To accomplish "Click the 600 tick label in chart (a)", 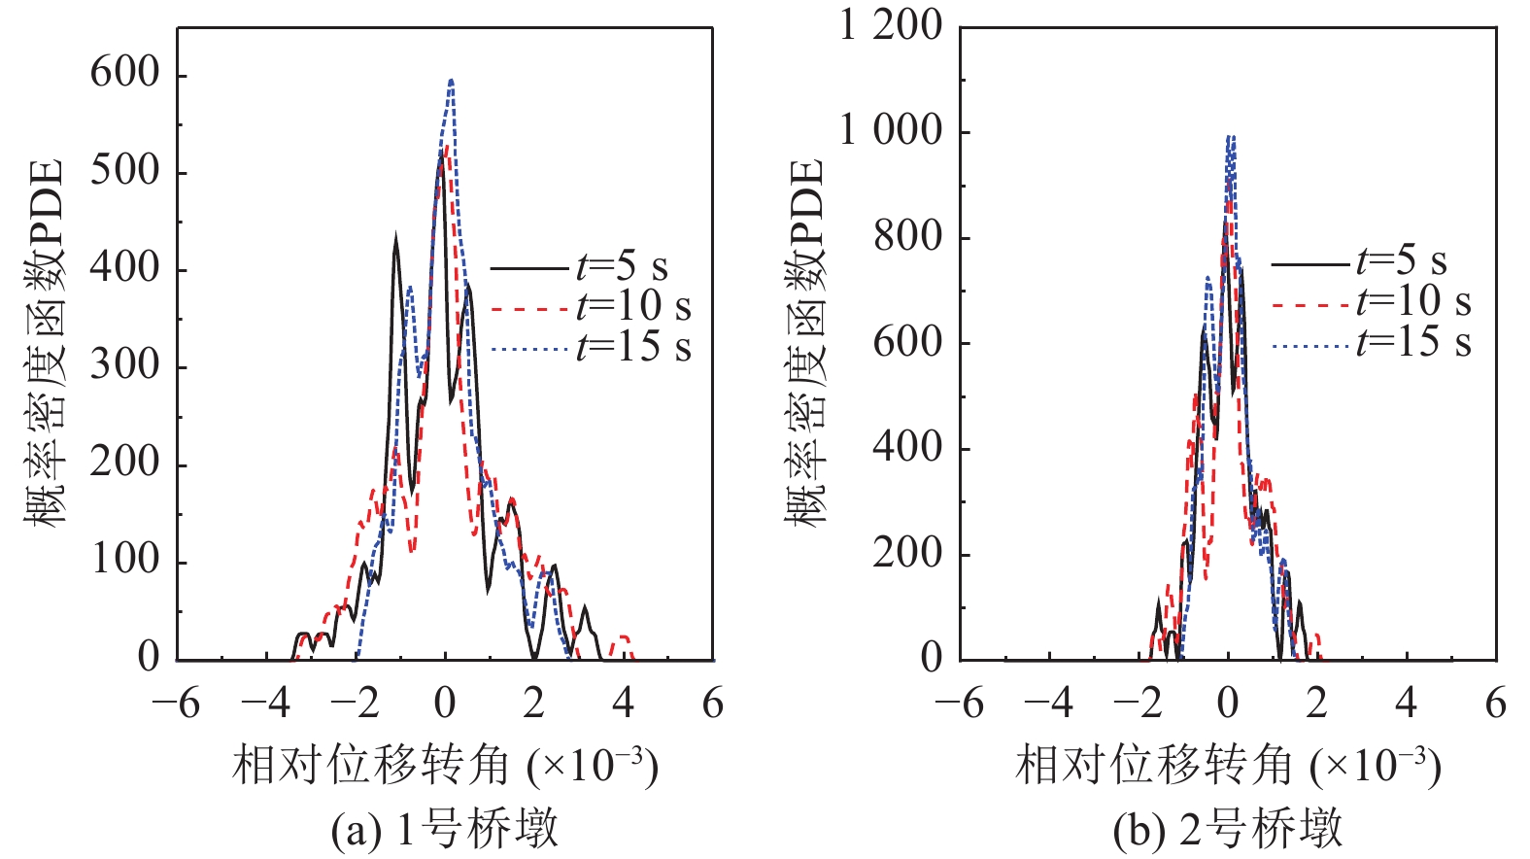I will click(x=124, y=73).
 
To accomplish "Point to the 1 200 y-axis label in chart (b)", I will click(x=890, y=25).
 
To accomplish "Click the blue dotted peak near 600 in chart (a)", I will click(x=451, y=82).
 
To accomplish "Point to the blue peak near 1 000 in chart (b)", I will click(x=1230, y=137).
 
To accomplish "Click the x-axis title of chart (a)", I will click(x=445, y=766).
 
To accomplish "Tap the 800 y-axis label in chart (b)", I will click(x=907, y=236).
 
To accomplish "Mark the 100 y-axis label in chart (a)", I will click(x=124, y=560).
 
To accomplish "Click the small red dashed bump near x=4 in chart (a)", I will click(x=622, y=639).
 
